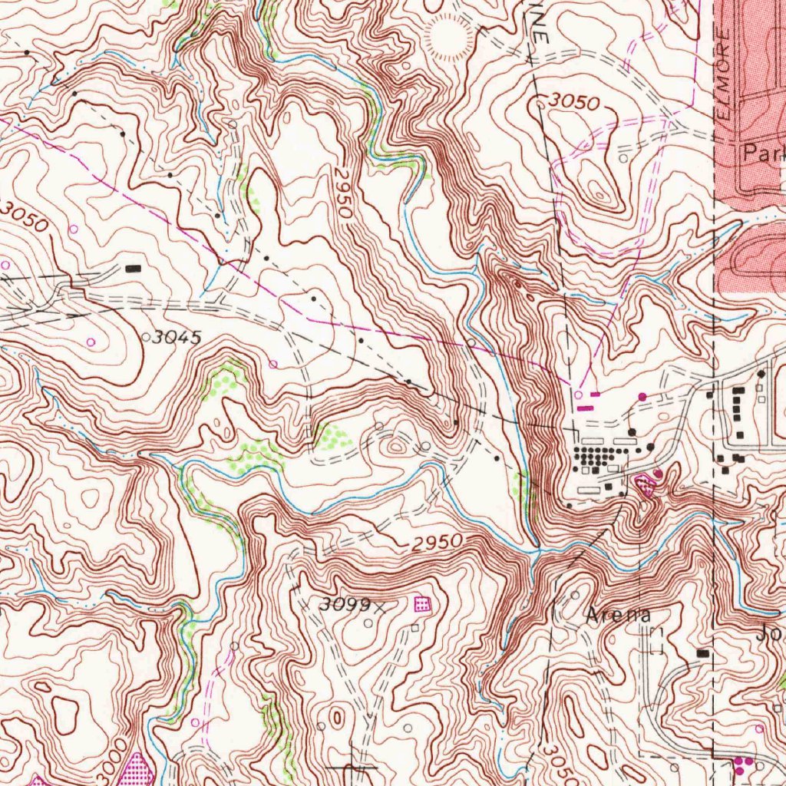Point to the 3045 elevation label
176,337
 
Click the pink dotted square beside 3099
421,604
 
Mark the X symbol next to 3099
379,606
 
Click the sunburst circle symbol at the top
449,38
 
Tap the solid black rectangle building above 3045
134,268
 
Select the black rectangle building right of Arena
702,652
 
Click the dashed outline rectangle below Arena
656,641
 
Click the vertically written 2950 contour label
343,197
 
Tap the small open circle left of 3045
146,336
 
